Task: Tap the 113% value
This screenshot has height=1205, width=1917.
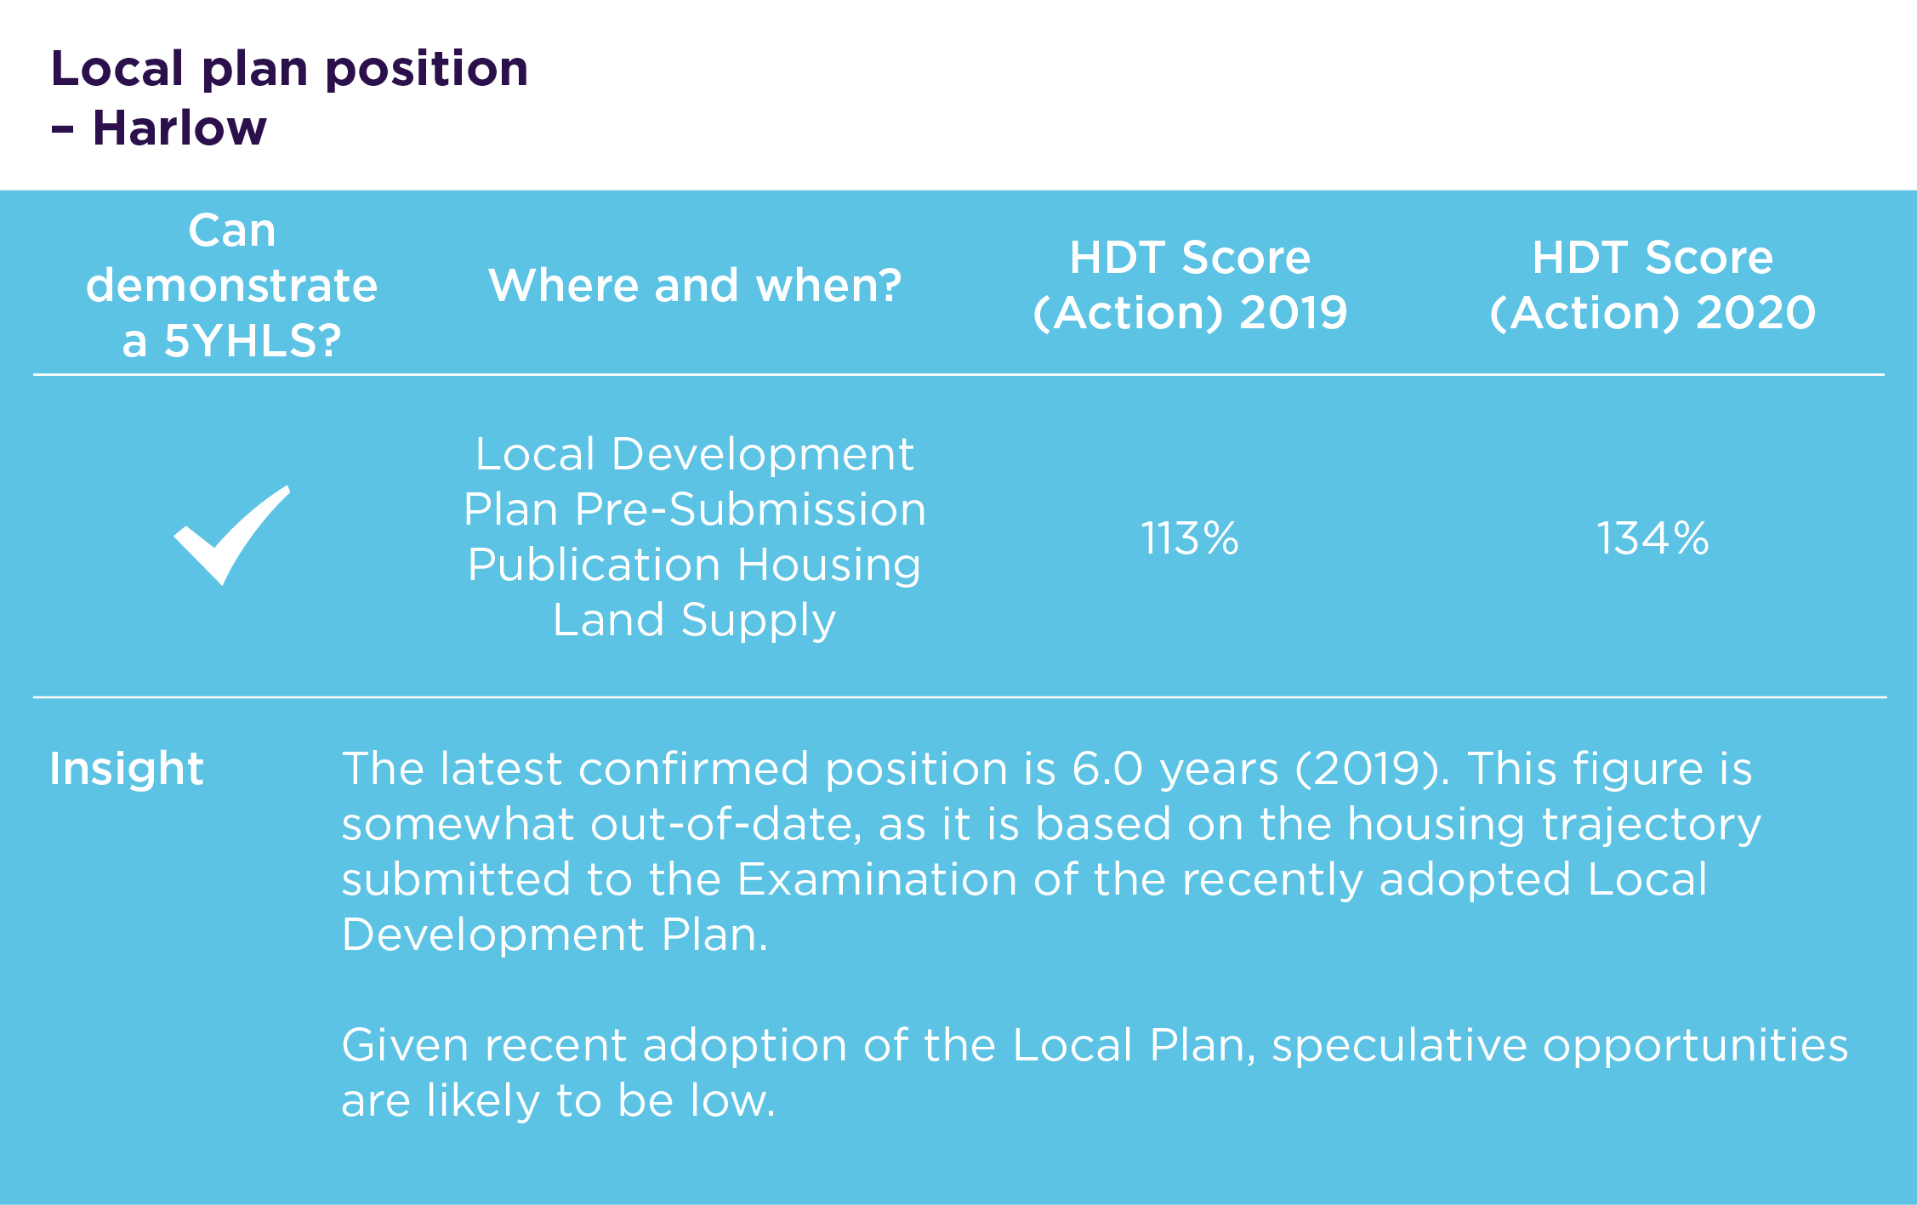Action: (x=1190, y=538)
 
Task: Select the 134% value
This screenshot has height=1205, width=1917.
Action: (x=1652, y=538)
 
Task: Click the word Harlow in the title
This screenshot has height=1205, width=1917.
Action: (x=179, y=128)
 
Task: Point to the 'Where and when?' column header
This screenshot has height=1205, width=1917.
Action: (x=695, y=285)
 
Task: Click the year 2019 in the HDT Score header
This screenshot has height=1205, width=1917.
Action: (x=1293, y=313)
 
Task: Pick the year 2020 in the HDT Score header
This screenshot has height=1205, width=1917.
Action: (x=1756, y=313)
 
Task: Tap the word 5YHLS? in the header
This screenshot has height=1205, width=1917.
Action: (x=253, y=341)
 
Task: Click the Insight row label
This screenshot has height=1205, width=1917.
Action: (x=127, y=769)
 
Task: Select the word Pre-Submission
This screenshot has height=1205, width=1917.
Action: (x=750, y=509)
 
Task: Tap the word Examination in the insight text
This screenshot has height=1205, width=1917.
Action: (x=877, y=879)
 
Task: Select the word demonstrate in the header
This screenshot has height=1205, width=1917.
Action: (x=231, y=285)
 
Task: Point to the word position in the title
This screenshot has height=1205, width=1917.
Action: (x=427, y=69)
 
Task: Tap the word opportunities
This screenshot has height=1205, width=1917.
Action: (x=1696, y=1045)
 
